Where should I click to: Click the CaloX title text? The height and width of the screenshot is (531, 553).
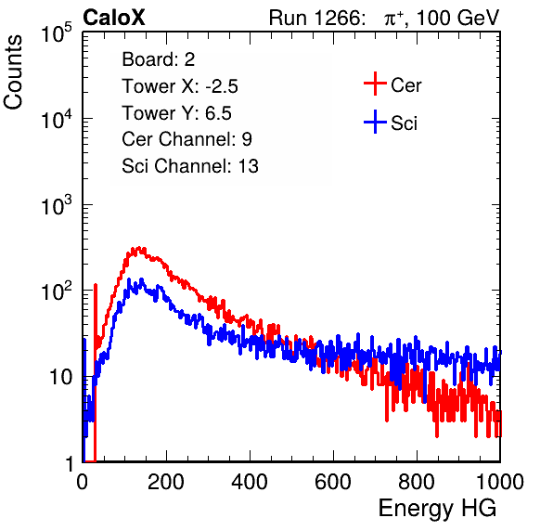(114, 18)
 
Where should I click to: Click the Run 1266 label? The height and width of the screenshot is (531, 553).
(316, 18)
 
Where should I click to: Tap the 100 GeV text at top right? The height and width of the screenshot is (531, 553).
(457, 18)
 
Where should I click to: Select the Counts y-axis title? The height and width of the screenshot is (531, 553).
(13, 72)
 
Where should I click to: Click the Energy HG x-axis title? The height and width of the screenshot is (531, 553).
(437, 509)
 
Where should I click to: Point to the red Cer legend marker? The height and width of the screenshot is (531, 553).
(375, 84)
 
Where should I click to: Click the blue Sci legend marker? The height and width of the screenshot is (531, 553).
(375, 122)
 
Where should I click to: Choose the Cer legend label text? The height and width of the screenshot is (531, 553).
(405, 85)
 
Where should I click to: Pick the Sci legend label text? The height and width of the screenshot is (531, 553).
(404, 123)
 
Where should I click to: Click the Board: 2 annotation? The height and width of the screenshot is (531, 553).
(159, 59)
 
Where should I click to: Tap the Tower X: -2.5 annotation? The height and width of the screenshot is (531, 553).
(180, 86)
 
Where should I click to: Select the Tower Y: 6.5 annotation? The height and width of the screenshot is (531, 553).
(176, 113)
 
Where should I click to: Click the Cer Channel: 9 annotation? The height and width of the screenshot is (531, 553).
(186, 139)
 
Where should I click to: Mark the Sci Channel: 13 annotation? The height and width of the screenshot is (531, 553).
(190, 166)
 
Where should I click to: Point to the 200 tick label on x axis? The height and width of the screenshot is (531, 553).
(166, 482)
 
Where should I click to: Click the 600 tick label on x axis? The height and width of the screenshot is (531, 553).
(333, 482)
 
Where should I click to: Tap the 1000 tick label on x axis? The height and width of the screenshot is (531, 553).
(500, 482)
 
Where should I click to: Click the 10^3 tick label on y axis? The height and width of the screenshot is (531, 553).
(57, 205)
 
